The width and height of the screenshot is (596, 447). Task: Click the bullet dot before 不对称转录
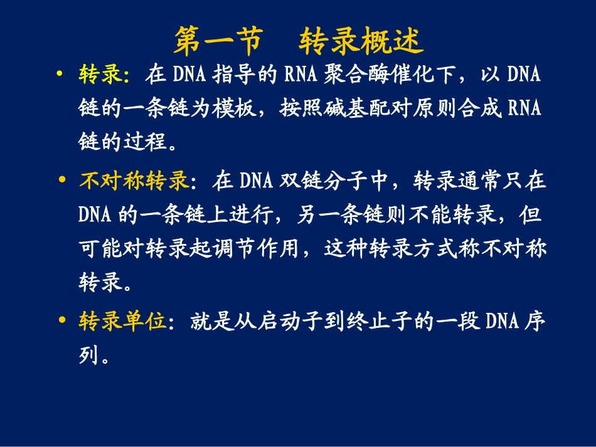coord(61,181)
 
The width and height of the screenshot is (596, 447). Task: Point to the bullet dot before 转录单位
coord(61,320)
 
